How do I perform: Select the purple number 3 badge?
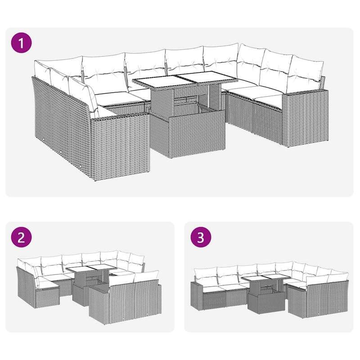[x=201, y=238]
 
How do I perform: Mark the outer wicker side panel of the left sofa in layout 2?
[x=25, y=288]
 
